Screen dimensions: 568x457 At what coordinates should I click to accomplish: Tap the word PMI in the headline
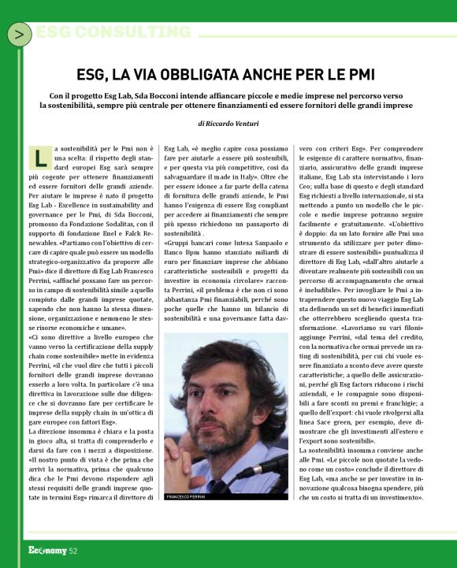[x=363, y=75]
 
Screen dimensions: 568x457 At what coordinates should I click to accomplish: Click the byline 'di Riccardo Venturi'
[x=228, y=124]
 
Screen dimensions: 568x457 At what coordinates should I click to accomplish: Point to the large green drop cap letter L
[x=41, y=158]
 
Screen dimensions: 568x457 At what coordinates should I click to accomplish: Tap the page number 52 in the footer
[x=72, y=551]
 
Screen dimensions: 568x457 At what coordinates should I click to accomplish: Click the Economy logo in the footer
[x=46, y=551]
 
